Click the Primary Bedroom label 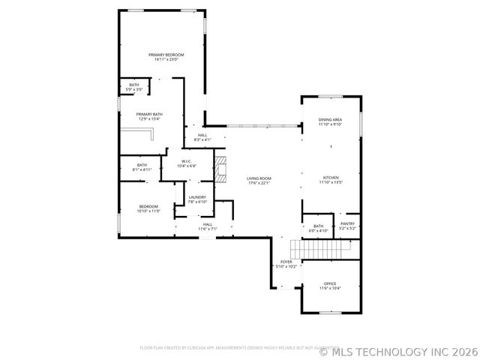166,57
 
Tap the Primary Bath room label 148,116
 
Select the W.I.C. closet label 187,163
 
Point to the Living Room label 259,181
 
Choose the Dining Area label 330,121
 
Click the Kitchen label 331,180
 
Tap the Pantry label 347,225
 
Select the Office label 330,286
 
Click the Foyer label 286,264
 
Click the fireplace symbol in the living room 220,169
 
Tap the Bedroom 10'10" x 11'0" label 148,209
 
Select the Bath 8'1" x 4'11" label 142,167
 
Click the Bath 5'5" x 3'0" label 133,87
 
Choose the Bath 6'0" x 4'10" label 318,228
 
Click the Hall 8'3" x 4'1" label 202,137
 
